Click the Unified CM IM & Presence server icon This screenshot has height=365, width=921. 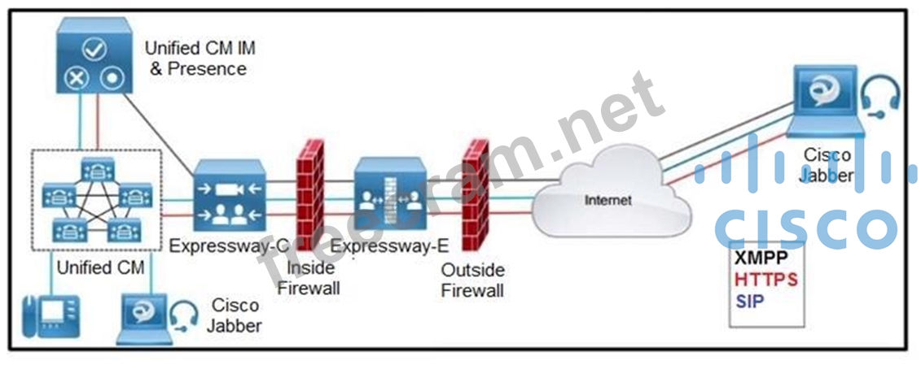(94, 57)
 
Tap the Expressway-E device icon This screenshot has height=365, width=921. (389, 198)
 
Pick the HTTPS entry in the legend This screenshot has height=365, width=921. (765, 280)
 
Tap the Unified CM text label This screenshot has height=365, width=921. (95, 267)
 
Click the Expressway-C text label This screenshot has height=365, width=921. (219, 246)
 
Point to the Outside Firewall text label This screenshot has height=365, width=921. (472, 280)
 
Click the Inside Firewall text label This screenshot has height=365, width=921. (308, 279)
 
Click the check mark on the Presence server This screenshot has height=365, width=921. (95, 48)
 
